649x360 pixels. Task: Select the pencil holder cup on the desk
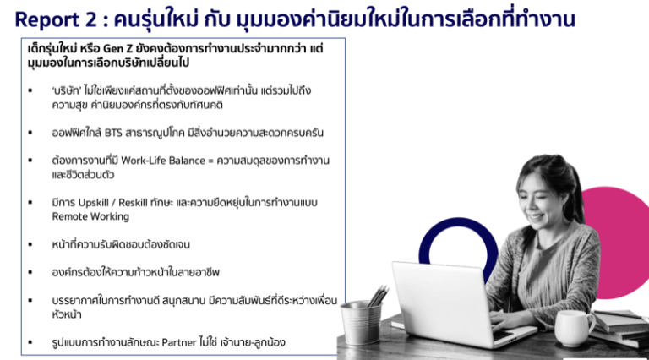pos(361,322)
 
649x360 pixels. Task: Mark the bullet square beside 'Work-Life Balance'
pos(31,161)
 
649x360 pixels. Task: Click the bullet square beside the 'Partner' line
pos(31,343)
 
